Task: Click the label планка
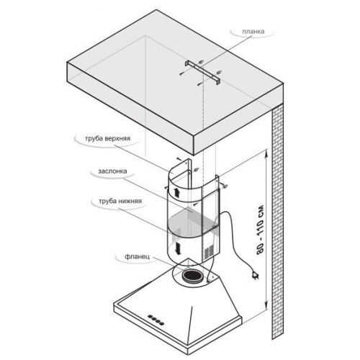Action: tap(253, 32)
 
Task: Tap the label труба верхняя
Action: tap(107, 138)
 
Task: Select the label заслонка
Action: tap(112, 171)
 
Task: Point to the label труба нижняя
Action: tap(120, 201)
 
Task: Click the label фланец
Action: tap(137, 256)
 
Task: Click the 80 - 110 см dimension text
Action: tap(260, 230)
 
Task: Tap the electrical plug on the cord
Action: tap(255, 275)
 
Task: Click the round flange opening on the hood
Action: tap(192, 276)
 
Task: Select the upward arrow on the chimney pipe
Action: tap(176, 192)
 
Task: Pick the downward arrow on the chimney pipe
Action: tap(178, 248)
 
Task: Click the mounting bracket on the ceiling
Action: tap(202, 73)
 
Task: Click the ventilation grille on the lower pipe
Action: tap(209, 251)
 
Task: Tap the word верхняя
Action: tap(118, 138)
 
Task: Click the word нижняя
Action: tap(130, 201)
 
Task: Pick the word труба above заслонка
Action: tap(94, 138)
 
